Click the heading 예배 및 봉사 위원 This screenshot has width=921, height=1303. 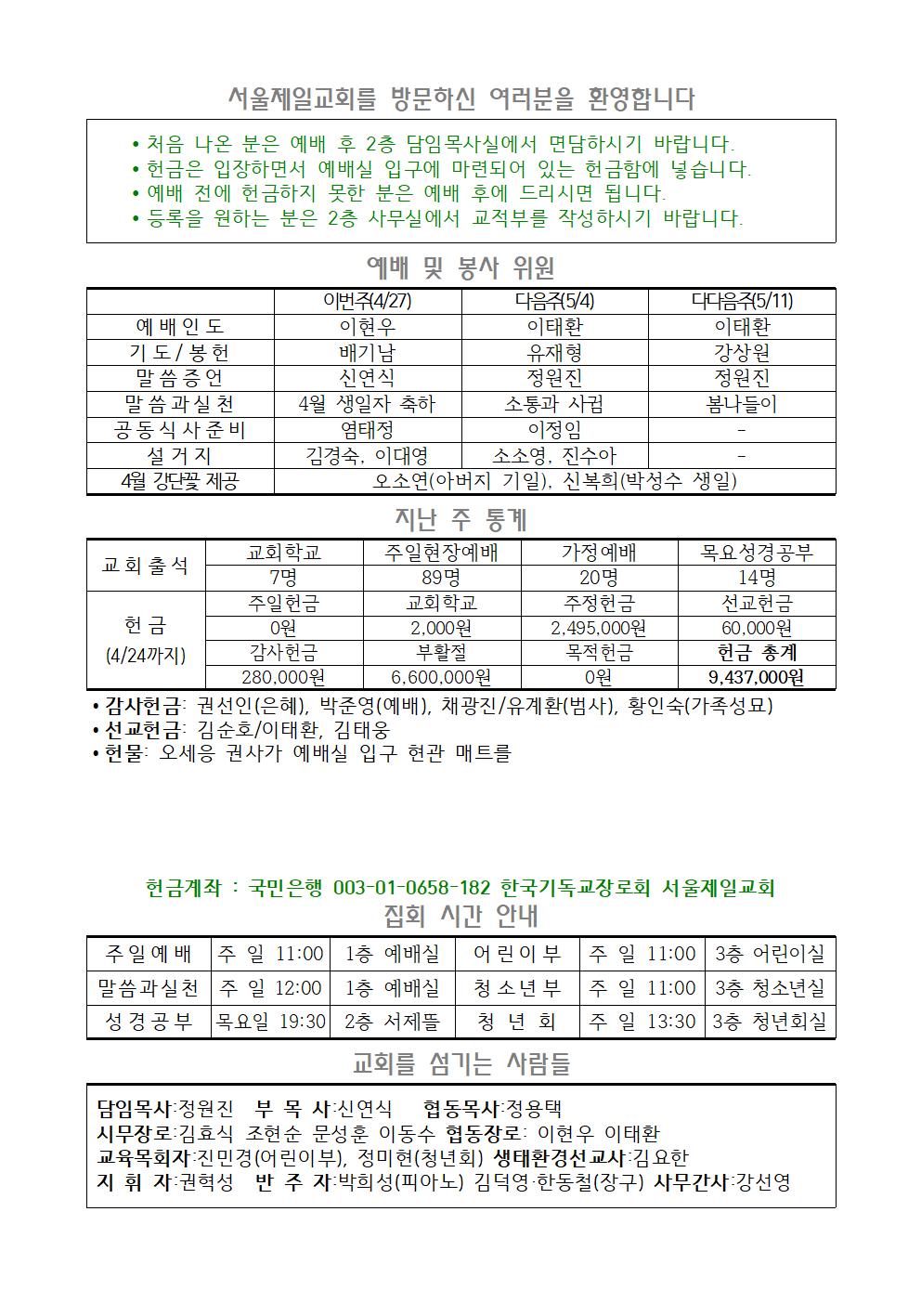[x=460, y=268]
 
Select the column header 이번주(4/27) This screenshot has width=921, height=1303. [x=368, y=301]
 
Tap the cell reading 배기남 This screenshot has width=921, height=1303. [x=368, y=353]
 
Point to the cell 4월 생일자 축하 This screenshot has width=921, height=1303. [x=368, y=405]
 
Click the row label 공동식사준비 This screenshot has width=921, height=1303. [x=180, y=430]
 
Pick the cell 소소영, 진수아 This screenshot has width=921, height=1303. [x=554, y=456]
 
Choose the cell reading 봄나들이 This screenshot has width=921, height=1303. [x=741, y=405]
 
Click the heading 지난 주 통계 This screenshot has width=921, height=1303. [x=460, y=519]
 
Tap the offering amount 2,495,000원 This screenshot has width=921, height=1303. [x=599, y=628]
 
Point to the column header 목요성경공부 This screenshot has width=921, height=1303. [x=756, y=553]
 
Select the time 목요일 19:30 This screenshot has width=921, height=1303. [x=271, y=1022]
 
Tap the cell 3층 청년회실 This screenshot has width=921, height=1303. [x=769, y=1022]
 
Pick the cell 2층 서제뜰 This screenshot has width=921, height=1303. [x=392, y=1022]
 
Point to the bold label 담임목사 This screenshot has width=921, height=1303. [x=135, y=1109]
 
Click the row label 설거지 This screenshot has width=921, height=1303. [x=180, y=456]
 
